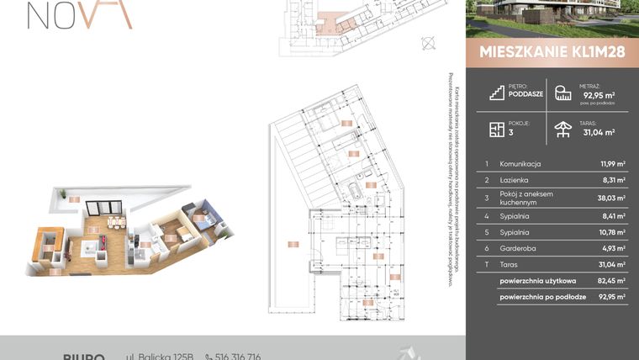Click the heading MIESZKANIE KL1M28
tap(552, 50)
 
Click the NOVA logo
tap(80, 14)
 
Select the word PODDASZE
tap(525, 95)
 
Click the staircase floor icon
tap(496, 92)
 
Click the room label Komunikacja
tap(520, 164)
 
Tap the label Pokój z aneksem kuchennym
tap(526, 199)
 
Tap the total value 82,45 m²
tap(610, 280)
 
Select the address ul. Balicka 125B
tap(160, 357)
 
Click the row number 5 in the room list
tap(487, 233)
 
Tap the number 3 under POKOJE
tap(510, 132)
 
